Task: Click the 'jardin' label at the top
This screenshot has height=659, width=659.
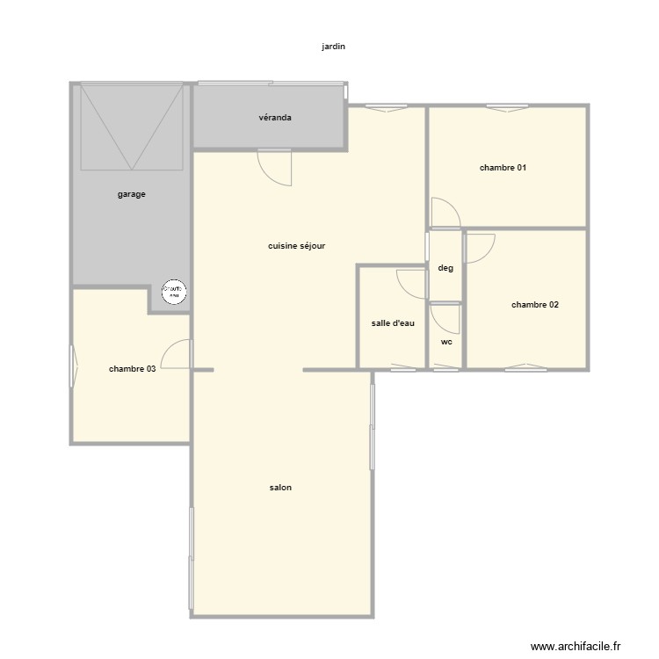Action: pos(334,47)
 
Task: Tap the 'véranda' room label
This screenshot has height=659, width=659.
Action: pos(275,118)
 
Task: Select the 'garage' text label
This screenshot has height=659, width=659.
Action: pos(132,194)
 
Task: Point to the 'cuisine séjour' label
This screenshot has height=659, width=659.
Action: pos(297,246)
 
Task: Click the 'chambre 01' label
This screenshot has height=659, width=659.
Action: pos(503,167)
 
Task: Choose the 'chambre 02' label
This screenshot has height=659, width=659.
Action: pos(535,305)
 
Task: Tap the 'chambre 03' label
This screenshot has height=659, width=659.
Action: pos(133,369)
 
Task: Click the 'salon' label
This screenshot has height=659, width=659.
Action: pos(281,488)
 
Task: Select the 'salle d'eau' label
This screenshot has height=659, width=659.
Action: pos(393,323)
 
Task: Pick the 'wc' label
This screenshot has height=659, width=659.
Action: pos(446,342)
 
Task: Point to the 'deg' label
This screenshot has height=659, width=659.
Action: pos(445,268)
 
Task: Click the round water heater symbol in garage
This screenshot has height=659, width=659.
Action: pos(173,292)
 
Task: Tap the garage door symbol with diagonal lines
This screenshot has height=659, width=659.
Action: pos(132,127)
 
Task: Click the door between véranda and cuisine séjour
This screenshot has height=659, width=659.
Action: pos(275,167)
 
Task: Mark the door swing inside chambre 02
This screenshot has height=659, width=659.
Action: pos(480,248)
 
